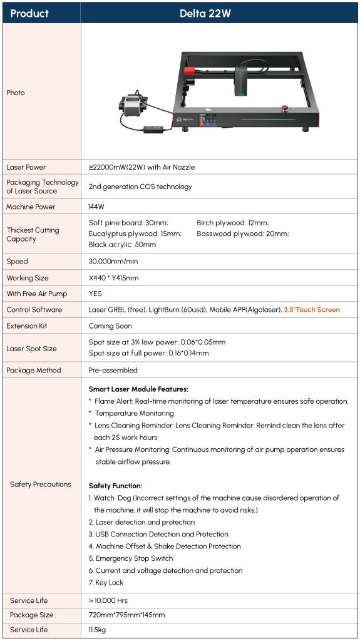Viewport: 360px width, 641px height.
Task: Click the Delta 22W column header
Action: (x=213, y=13)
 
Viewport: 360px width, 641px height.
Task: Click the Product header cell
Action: (x=29, y=13)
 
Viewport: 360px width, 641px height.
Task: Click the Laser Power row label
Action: (x=26, y=167)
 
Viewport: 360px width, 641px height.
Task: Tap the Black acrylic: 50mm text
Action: (x=122, y=245)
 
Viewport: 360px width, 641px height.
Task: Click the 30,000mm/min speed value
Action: (x=114, y=262)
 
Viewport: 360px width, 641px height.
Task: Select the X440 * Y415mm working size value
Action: (x=114, y=278)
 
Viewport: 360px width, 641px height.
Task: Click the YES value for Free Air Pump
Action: (x=96, y=294)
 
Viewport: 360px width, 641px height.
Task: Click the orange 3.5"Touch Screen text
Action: (x=312, y=310)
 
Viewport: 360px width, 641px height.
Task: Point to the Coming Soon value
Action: (x=110, y=326)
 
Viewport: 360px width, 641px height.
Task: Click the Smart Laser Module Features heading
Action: (x=138, y=389)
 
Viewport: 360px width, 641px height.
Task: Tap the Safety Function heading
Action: (x=115, y=486)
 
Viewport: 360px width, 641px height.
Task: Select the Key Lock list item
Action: (x=106, y=583)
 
